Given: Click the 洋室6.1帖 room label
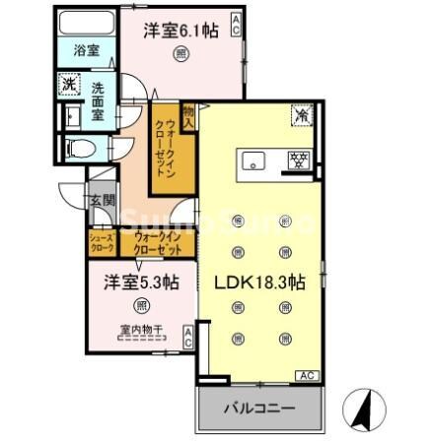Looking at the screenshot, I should (181, 31).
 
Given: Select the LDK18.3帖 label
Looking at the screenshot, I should (260, 282).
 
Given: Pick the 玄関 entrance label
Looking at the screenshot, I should (102, 200).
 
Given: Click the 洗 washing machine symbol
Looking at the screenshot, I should (68, 85).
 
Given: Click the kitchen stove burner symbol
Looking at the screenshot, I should (295, 159).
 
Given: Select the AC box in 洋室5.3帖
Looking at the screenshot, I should (187, 338).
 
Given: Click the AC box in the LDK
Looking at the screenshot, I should (306, 375).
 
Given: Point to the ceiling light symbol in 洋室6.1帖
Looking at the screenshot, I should (181, 53).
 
